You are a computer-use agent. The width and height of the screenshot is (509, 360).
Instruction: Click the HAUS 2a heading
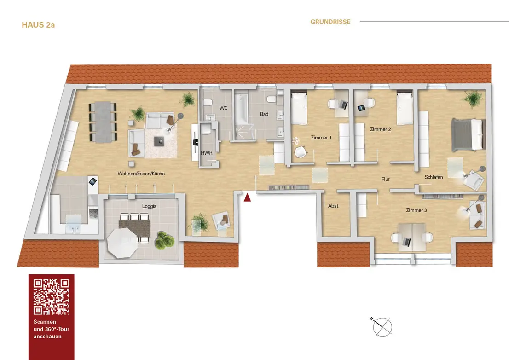(38, 25)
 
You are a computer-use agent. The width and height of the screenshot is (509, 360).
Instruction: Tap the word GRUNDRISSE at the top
(330, 22)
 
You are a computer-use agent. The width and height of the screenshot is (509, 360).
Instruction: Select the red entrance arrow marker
(247, 197)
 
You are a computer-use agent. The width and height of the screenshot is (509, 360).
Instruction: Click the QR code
(52, 297)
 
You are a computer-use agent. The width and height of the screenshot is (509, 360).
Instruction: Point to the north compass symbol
(382, 326)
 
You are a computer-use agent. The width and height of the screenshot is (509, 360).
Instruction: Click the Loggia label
(149, 206)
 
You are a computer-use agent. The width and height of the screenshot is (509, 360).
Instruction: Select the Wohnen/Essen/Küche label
(141, 174)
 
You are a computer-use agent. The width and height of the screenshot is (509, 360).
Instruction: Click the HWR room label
(206, 153)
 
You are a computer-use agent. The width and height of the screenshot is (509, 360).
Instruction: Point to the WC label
(224, 108)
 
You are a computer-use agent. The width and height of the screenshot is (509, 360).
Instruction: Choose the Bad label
(264, 114)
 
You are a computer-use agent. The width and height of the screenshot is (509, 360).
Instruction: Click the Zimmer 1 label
(321, 138)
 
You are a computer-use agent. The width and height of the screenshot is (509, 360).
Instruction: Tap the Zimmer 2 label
(380, 129)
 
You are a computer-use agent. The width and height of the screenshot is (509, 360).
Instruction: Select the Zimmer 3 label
(416, 210)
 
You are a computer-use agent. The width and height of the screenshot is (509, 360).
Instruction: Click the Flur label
(386, 179)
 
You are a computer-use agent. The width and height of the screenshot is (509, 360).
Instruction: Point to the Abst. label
(334, 206)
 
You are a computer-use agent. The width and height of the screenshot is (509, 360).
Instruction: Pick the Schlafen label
(434, 177)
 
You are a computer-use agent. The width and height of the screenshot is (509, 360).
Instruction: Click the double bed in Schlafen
(468, 134)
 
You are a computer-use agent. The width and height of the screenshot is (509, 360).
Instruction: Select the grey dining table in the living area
(103, 122)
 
